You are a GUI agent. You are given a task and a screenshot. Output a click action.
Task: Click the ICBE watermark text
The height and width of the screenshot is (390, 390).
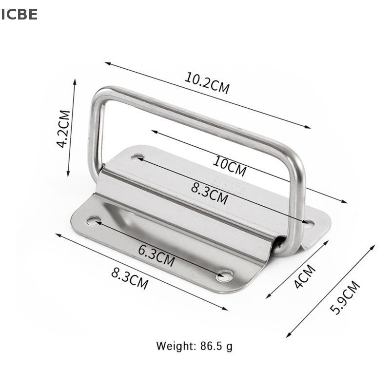(x=19, y=14)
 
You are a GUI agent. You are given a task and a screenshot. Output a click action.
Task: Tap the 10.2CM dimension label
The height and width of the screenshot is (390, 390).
(x=207, y=82)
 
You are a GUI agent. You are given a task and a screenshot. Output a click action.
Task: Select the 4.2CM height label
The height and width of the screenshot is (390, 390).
(x=63, y=129)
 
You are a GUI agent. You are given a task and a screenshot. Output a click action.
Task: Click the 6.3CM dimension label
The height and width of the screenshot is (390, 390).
(x=156, y=255)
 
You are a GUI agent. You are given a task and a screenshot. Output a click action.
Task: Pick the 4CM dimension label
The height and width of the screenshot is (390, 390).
(x=305, y=276)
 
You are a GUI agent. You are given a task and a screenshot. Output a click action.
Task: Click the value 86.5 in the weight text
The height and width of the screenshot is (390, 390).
(x=212, y=346)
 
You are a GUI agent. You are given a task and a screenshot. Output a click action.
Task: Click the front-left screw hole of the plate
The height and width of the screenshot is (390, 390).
(x=93, y=220)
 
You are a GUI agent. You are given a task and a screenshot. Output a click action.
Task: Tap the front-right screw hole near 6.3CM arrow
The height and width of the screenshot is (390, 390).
(x=225, y=275)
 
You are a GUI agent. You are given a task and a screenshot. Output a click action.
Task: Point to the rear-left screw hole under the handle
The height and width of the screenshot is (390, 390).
(x=137, y=157)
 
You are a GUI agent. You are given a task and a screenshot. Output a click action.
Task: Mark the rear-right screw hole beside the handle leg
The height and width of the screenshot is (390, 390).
(x=309, y=223)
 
